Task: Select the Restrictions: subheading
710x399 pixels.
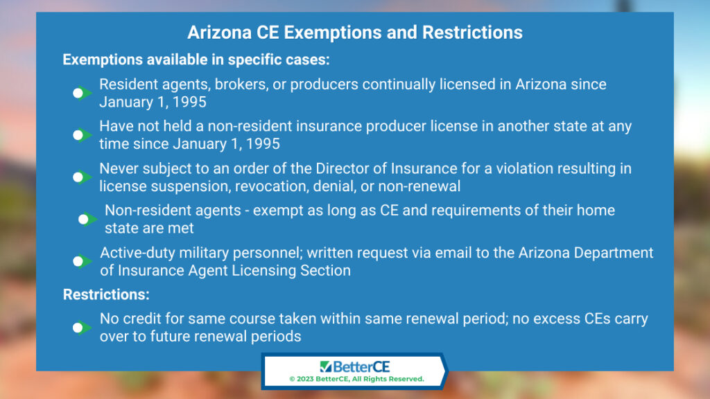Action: [106, 294]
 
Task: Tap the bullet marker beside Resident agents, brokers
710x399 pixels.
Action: [82, 94]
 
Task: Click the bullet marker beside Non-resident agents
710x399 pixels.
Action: [87, 220]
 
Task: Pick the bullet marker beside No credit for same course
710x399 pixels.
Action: [82, 328]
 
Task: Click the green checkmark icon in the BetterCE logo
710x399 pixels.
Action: [326, 366]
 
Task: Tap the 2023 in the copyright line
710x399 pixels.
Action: [305, 379]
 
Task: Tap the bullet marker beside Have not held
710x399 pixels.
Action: [82, 135]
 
